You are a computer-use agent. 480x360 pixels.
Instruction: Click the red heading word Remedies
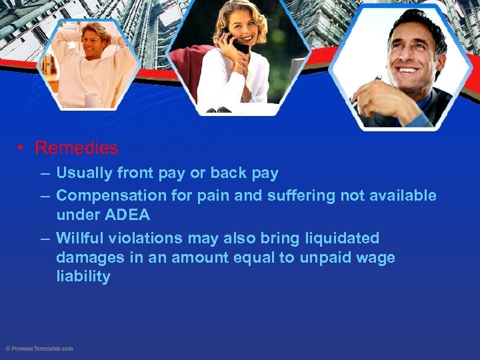[76, 147]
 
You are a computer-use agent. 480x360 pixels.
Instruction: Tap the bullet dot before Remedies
[23, 148]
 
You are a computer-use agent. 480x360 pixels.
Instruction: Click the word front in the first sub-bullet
[135, 173]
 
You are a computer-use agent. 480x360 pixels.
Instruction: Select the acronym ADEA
[127, 215]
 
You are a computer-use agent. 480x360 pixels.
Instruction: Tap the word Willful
[79, 238]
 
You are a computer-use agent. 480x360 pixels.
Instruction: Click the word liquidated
[341, 238]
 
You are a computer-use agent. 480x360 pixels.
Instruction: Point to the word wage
[377, 258]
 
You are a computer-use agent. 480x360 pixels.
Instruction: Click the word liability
[83, 277]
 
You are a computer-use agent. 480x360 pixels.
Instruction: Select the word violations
[147, 238]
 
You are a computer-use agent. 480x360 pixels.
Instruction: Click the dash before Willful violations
[44, 239]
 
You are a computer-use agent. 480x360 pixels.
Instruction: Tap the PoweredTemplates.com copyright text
[39, 349]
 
